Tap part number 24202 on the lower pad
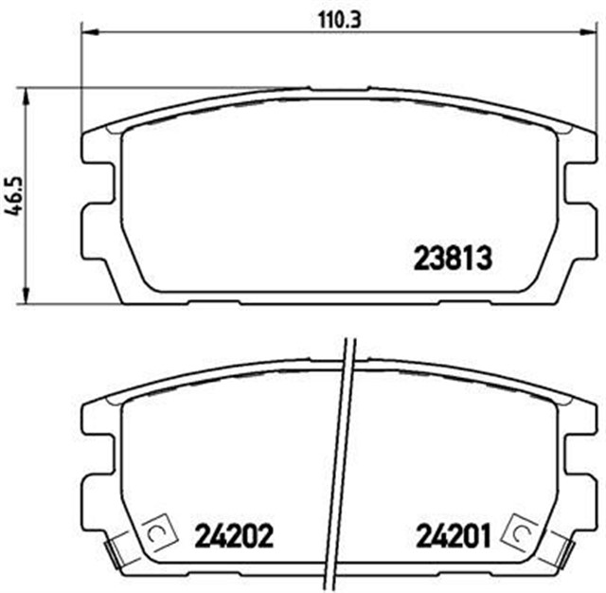(234, 537)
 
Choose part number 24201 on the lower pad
(452, 537)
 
